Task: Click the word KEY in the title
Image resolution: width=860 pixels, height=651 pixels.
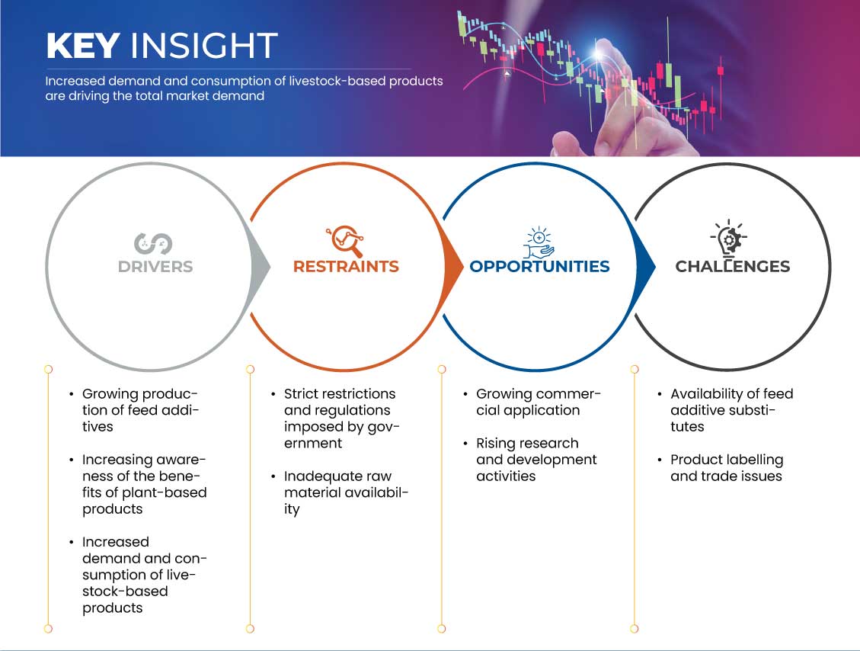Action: point(83,46)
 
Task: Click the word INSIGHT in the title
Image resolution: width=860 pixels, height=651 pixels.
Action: point(204,46)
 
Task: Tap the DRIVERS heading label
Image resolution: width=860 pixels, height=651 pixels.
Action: point(155,267)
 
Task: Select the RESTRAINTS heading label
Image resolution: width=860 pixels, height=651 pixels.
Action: point(346,267)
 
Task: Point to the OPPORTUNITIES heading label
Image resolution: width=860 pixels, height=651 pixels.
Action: point(540,267)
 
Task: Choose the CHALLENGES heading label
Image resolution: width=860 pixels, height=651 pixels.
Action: point(733,267)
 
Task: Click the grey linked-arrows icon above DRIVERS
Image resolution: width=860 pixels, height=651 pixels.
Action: point(153,244)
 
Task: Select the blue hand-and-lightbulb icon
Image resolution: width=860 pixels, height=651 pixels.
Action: point(539,242)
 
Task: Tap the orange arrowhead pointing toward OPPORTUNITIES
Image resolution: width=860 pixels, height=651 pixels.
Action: point(452,268)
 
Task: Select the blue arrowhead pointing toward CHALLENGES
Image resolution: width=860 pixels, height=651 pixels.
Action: point(645,268)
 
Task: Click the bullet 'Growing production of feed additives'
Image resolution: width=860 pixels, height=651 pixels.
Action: point(140,410)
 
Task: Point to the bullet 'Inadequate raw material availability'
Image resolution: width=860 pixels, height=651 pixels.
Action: point(346,492)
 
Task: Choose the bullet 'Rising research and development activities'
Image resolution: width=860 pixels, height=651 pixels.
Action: point(536,460)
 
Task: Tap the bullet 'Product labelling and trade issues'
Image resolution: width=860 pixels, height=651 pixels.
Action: point(726,467)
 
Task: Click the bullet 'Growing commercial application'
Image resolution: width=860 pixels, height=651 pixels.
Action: point(538,402)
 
